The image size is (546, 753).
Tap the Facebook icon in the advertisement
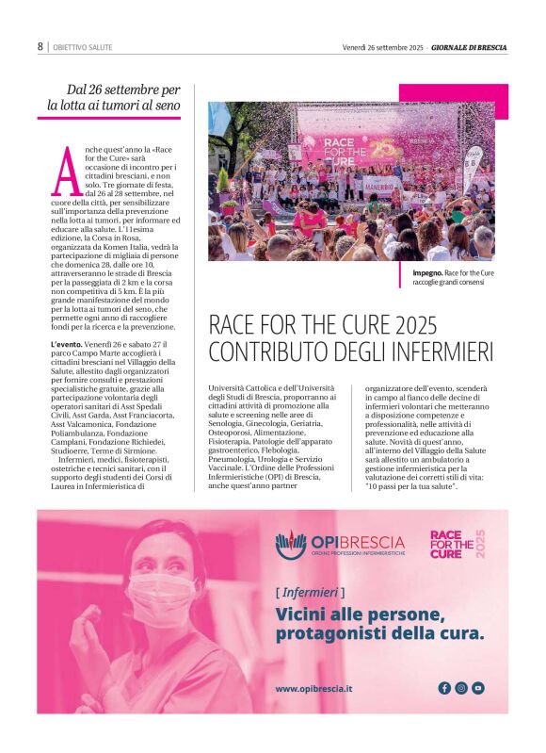[x=444, y=688]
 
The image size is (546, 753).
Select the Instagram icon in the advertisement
[x=461, y=688]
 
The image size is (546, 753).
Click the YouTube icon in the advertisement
[x=478, y=688]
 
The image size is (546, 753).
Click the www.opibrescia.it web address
[x=314, y=689]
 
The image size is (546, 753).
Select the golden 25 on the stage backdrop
[x=383, y=148]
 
